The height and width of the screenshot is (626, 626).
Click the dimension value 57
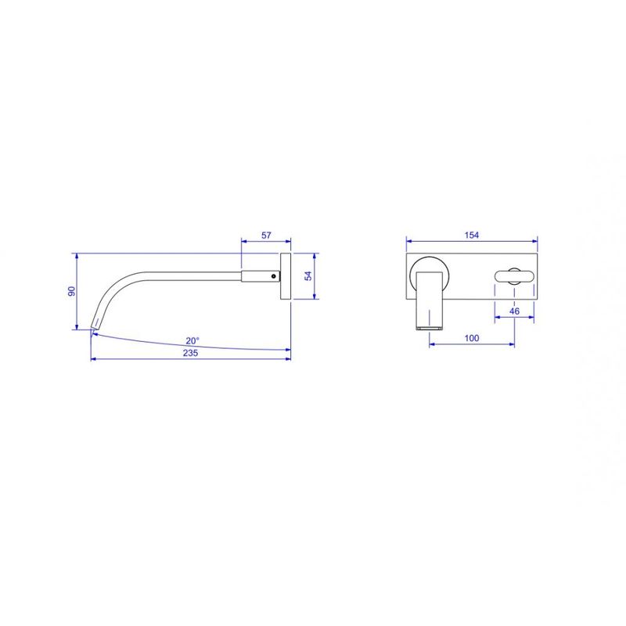266,236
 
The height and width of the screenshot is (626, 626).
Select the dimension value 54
308,276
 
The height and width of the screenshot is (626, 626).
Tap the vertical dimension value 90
71,291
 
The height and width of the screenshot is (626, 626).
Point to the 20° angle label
192,340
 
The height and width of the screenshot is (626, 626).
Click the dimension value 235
190,353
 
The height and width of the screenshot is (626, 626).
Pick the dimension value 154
472,236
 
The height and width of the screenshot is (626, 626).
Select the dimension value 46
515,311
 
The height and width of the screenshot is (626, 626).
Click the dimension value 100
472,338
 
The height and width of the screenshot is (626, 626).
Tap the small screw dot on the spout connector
273,275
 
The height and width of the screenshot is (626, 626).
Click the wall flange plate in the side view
286,276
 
